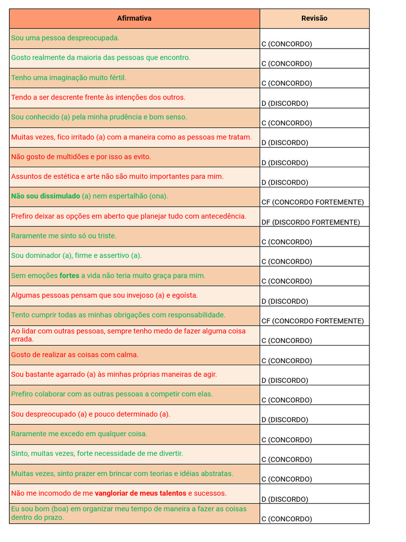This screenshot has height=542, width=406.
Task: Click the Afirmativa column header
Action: (134, 19)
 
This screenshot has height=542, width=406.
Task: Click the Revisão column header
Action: (314, 19)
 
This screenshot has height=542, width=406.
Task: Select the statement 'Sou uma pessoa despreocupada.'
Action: (65, 38)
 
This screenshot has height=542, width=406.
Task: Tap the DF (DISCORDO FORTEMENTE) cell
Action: (310, 222)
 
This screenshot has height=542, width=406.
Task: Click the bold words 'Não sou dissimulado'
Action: (45, 196)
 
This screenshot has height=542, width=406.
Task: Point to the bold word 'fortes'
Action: (69, 276)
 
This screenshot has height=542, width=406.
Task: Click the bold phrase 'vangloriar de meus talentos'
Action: (141, 493)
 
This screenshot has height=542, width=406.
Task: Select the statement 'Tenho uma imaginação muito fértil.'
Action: (69, 78)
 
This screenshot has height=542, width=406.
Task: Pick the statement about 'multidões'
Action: (81, 157)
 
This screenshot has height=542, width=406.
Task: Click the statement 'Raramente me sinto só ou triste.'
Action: (63, 236)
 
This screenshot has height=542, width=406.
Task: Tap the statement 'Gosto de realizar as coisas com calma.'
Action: (75, 355)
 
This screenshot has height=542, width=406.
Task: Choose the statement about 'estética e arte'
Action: (117, 177)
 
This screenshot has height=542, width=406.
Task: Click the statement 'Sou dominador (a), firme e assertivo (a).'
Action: (76, 256)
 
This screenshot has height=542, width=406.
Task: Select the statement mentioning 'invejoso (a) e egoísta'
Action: (104, 295)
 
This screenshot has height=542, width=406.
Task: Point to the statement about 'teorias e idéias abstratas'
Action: (122, 474)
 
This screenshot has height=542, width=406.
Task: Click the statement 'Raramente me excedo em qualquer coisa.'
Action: (79, 434)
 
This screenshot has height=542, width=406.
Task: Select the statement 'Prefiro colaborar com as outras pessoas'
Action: (112, 394)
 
